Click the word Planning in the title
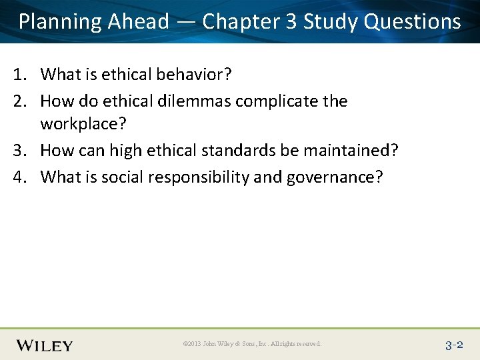60,22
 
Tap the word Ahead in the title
138,22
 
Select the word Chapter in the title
241,22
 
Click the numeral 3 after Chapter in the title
291,22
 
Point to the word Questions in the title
413,22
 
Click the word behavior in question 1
193,75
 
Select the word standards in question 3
232,151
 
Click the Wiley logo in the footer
45,345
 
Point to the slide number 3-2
453,345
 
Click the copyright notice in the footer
252,344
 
